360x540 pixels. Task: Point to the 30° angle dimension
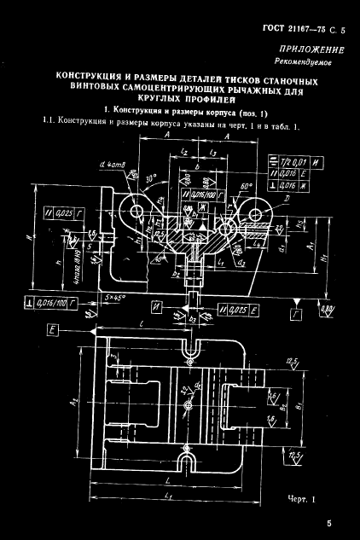click(x=151, y=181)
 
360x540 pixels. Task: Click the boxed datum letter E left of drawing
click(x=53, y=328)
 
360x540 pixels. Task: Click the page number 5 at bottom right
click(x=328, y=523)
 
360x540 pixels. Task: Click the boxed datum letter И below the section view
click(x=159, y=304)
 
